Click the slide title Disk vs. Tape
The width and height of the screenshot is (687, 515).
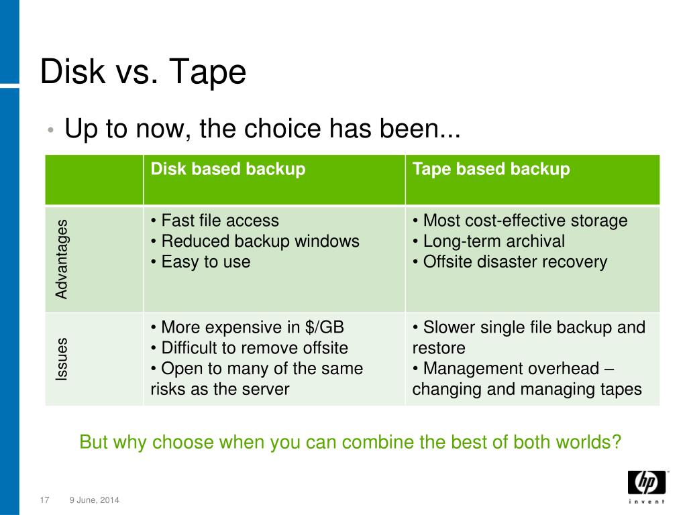point(143,72)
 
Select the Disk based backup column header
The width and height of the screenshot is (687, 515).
point(228,169)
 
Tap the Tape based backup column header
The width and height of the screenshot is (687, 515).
point(491,169)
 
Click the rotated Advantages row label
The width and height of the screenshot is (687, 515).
point(62,259)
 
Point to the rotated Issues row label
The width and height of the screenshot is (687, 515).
point(62,359)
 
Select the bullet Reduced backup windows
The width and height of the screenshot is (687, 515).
point(255,241)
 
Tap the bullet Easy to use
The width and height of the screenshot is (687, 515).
point(201,262)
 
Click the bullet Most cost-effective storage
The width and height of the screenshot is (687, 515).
point(520,221)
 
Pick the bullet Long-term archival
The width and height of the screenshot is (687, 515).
point(488,241)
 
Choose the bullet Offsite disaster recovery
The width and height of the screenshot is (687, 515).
point(510,262)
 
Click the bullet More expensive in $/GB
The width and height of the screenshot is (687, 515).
point(248,328)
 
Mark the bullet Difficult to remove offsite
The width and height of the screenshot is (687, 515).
point(250,348)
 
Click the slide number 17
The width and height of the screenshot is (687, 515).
point(46,500)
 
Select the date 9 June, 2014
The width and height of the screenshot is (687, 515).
point(95,500)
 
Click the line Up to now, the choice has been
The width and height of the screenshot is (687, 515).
point(262,128)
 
